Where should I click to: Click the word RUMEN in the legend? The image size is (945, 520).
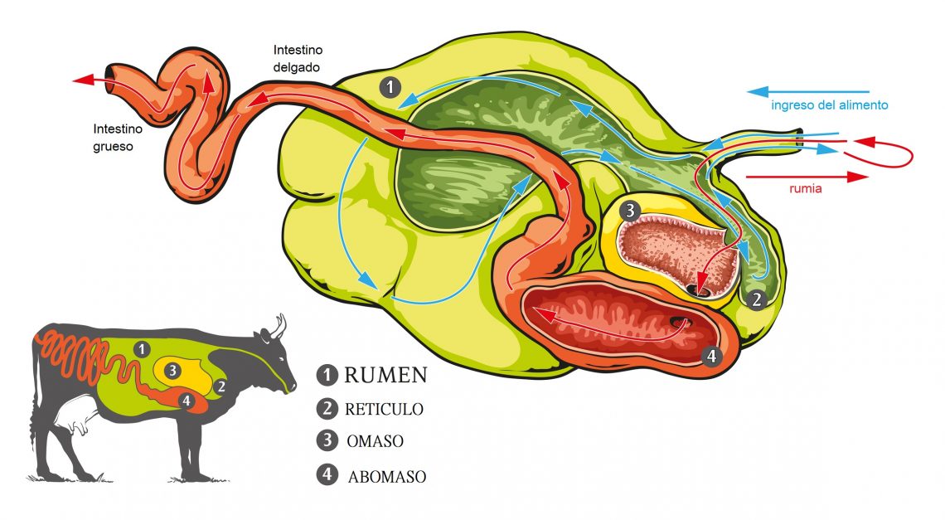point(385,375)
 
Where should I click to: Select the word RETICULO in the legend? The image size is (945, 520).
point(384,409)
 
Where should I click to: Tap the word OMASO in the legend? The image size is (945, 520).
point(375,441)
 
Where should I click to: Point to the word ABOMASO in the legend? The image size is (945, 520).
point(387,477)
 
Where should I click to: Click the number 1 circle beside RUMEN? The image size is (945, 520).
point(327,375)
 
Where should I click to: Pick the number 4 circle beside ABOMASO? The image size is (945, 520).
point(327,474)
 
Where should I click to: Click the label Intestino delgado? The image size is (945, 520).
point(297,58)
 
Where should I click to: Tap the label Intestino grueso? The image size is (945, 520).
point(118,137)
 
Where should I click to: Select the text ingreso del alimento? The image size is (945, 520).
point(829,105)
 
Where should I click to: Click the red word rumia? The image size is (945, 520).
point(805,188)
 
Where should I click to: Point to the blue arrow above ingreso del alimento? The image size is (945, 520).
point(807,92)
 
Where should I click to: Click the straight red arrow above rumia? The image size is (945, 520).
point(807,177)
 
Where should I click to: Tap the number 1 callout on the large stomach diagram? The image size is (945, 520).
point(390,87)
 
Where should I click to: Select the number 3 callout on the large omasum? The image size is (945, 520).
point(630,211)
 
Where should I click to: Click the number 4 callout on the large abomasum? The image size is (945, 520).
point(711,356)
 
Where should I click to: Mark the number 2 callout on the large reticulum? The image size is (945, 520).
point(756,299)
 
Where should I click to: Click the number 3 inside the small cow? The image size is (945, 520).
point(172,371)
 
